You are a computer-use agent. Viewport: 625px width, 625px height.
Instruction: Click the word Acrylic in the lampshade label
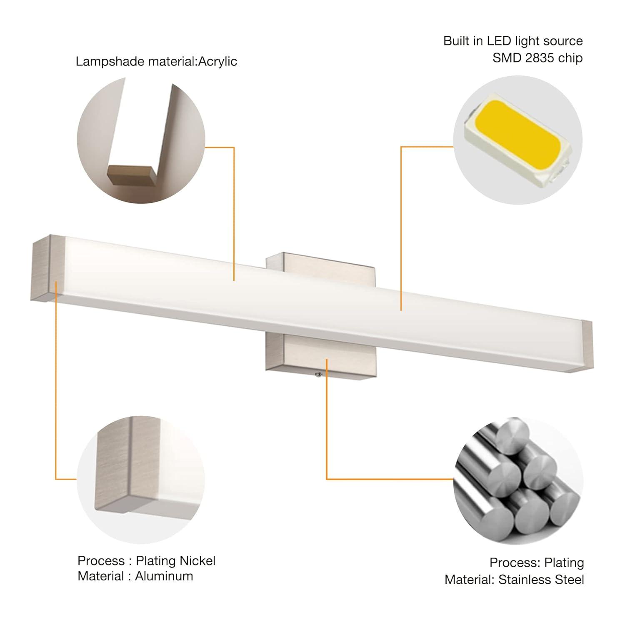(x=217, y=62)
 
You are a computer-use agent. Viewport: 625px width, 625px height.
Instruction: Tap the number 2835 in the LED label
(x=540, y=58)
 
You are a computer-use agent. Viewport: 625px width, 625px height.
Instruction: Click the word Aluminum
(x=164, y=576)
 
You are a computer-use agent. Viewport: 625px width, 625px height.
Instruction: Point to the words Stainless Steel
(x=541, y=580)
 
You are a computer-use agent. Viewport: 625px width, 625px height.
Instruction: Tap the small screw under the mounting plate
(x=317, y=375)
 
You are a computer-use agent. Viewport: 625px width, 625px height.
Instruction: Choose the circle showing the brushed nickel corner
(x=141, y=480)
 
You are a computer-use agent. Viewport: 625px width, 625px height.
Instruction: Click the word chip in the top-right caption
(x=570, y=58)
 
